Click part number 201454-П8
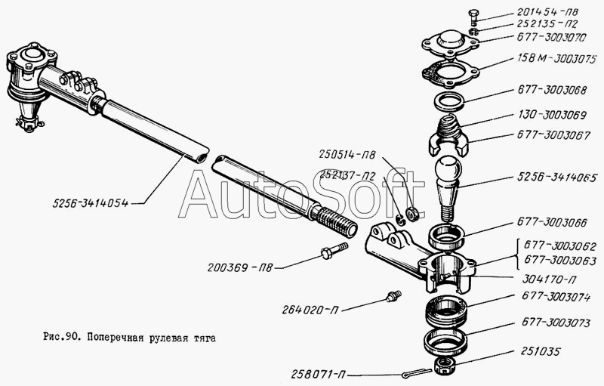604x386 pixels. [547, 12]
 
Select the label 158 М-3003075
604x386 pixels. [557, 59]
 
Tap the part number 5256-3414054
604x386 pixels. [91, 203]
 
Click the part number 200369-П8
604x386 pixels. [240, 267]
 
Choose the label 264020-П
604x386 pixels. [310, 310]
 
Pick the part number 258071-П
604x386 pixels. [318, 374]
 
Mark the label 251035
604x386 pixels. [541, 351]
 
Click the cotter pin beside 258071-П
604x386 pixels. [416, 373]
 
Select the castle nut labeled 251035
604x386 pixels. [444, 365]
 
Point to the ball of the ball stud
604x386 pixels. [448, 168]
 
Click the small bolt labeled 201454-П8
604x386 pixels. [474, 17]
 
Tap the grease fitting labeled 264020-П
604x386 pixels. [393, 296]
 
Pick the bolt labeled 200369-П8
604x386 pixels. [334, 250]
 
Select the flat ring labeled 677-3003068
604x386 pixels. [449, 102]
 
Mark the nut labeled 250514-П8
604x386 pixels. [413, 215]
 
